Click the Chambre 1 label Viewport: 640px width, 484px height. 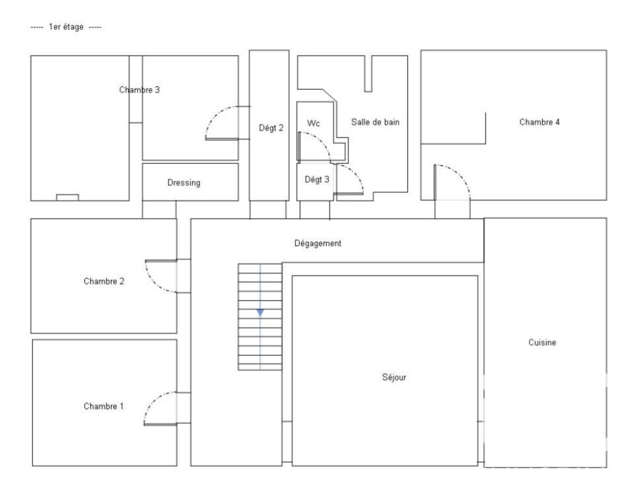103,406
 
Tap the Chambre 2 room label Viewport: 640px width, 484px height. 104,281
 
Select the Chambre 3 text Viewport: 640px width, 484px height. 139,90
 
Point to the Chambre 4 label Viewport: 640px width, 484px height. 540,122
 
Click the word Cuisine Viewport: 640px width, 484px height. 542,343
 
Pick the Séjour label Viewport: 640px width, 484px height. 394,378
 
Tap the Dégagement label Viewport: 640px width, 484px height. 318,243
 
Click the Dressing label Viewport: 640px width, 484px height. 184,183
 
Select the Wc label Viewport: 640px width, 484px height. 314,123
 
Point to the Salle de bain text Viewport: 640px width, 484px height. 375,122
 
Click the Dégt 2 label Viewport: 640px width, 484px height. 271,128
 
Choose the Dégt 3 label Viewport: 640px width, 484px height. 317,180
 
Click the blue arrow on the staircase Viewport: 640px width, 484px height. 260,312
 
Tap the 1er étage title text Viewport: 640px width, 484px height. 65,27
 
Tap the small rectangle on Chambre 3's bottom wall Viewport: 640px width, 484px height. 67,197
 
